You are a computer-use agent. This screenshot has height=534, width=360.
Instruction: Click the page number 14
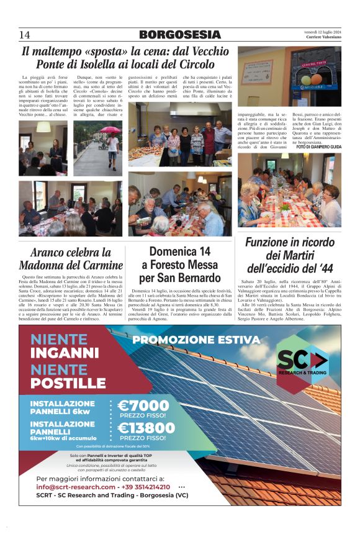(25, 35)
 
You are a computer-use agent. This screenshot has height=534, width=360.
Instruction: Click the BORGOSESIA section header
(179, 35)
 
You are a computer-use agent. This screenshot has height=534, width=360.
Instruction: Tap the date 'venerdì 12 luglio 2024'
(322, 32)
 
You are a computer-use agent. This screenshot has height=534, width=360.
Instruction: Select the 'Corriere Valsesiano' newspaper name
(323, 37)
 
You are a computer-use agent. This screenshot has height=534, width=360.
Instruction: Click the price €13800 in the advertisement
(146, 428)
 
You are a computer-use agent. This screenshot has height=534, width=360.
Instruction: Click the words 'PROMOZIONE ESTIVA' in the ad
(196, 340)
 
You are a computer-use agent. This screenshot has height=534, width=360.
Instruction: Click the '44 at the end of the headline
(332, 269)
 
